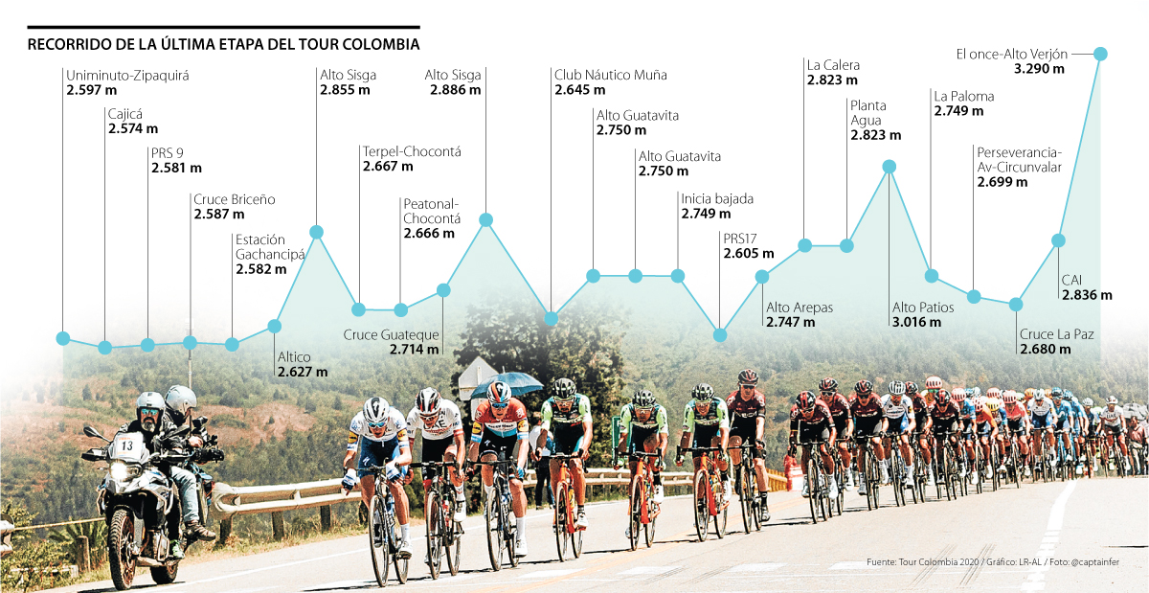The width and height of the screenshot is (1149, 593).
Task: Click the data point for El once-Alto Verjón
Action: [x=1100, y=54]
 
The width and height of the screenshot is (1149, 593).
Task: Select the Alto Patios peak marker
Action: [x=889, y=167]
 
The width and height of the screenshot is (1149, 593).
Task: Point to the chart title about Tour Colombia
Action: [x=223, y=45]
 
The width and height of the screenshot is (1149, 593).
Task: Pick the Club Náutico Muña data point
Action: [x=551, y=319]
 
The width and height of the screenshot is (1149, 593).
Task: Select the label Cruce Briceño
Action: [x=234, y=199]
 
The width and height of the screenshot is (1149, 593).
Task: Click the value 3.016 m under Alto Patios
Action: [x=917, y=323]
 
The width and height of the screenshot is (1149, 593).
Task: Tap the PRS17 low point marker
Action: [x=720, y=334]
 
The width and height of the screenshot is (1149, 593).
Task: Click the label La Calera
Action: [x=833, y=65]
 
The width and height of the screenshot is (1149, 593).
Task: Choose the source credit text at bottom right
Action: [x=996, y=562]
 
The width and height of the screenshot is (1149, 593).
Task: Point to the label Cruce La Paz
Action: [x=1056, y=334]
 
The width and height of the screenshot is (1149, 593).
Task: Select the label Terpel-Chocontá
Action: [x=412, y=151]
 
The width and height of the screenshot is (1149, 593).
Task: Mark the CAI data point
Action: [x=1058, y=240]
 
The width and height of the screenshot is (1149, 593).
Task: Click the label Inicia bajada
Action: [x=717, y=199]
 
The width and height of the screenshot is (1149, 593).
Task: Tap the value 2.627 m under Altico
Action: [x=303, y=371]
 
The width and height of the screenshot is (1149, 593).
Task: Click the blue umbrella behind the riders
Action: [x=507, y=381]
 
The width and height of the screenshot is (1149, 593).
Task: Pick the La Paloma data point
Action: [x=931, y=276]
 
